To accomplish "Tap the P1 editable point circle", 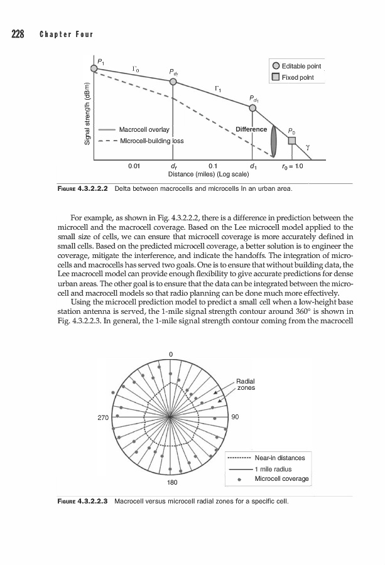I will pos(94,67).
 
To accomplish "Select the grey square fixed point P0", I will pos(291,140).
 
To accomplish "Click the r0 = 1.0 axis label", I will pos(291,166).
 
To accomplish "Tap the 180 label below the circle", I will pos(171,483).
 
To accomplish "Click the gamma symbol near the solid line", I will pos(308,146).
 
